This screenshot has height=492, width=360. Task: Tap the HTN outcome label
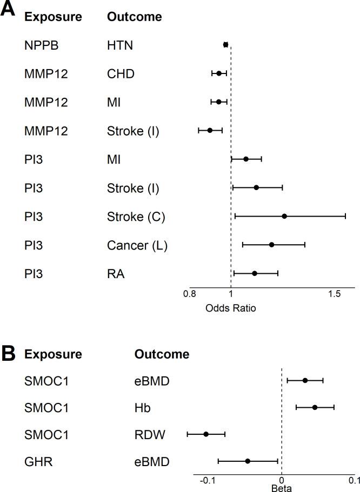(120, 45)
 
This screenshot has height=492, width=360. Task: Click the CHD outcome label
(121, 73)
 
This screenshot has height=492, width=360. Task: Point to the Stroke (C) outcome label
(136, 217)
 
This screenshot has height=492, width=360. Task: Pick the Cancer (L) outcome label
(137, 245)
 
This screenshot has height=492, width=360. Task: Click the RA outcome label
(116, 274)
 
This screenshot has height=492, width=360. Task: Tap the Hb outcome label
(142, 408)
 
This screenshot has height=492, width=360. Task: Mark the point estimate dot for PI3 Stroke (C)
(284, 216)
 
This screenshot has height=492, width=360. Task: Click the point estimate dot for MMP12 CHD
(219, 73)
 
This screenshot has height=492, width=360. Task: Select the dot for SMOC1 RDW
(206, 434)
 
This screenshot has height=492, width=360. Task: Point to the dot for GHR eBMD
(248, 461)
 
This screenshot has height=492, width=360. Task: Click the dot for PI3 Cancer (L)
(271, 245)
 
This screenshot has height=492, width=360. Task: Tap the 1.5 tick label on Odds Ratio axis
(335, 294)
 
